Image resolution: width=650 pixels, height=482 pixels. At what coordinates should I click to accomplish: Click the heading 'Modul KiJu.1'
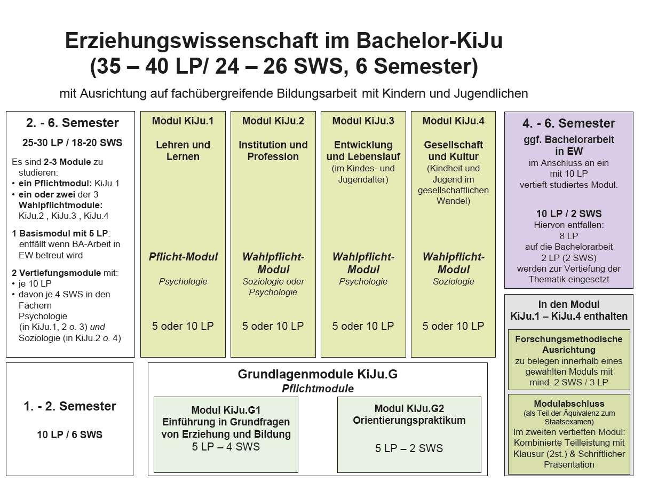click(x=183, y=121)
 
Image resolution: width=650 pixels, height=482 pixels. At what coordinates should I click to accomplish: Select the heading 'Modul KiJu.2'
click(x=273, y=121)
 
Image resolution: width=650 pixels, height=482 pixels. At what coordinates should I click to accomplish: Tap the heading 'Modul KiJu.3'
click(x=363, y=121)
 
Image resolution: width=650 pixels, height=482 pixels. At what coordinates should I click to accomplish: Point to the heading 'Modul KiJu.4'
click(x=453, y=121)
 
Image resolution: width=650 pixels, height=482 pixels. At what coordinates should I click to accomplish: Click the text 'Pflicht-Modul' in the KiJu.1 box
click(x=183, y=257)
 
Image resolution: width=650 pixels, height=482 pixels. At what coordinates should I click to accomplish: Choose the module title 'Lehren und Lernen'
click(x=183, y=151)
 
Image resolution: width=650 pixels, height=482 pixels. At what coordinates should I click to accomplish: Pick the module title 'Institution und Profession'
click(x=273, y=151)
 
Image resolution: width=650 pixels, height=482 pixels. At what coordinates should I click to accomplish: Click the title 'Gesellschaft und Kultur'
click(x=453, y=151)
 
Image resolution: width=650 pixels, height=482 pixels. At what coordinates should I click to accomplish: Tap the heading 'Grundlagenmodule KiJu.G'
click(x=318, y=374)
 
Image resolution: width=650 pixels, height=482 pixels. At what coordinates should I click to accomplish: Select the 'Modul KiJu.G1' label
click(x=226, y=410)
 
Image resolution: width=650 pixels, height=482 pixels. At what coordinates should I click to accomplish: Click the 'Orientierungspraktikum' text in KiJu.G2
click(x=409, y=421)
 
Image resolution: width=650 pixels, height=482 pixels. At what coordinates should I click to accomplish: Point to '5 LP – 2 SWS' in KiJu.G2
click(x=409, y=448)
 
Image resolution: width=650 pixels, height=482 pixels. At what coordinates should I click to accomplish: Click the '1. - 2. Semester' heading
click(x=70, y=406)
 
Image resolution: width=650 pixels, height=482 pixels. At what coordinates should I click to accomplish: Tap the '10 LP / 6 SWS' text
click(x=70, y=435)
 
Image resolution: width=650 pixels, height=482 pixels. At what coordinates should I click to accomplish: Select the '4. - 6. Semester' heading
click(x=569, y=124)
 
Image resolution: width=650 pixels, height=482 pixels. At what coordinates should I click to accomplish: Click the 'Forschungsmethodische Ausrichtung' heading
click(x=569, y=344)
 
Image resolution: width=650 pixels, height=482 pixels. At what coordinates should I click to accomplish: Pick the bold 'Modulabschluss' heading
click(x=569, y=404)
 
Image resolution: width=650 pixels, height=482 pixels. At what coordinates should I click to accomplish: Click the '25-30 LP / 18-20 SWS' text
click(x=73, y=143)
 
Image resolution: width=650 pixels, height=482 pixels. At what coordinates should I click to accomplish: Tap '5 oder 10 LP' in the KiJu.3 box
click(x=363, y=326)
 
